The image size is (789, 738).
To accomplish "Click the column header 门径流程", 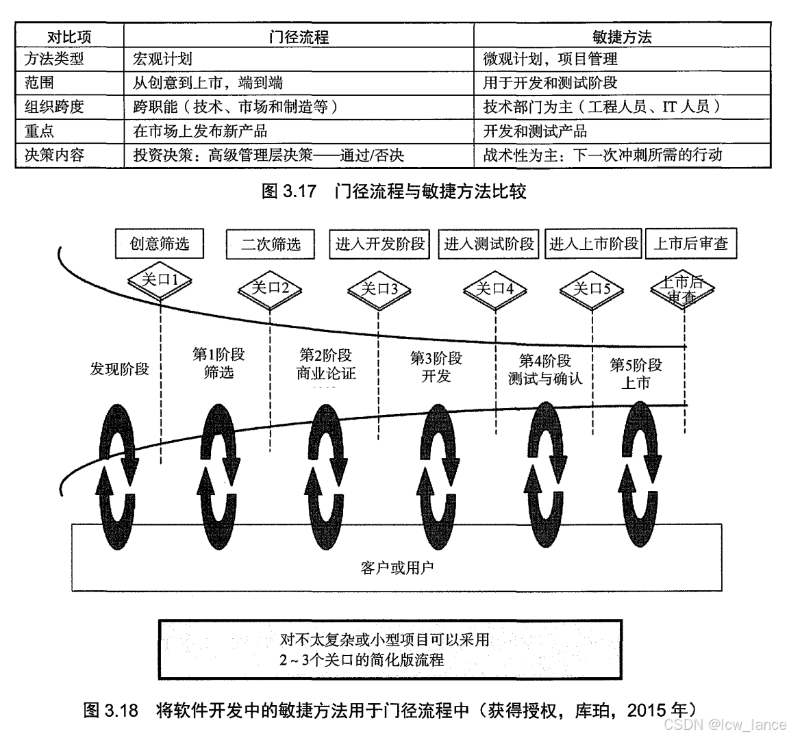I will (299, 36).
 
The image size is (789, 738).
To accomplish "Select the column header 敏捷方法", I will (622, 36).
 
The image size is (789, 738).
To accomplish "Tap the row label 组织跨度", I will (54, 107).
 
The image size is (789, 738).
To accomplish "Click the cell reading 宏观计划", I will (162, 60).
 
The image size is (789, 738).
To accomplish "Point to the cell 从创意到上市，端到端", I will (208, 84).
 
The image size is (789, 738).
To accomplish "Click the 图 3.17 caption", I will (394, 191).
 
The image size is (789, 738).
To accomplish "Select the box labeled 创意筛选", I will (160, 243).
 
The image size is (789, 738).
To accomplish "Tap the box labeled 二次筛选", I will (271, 244).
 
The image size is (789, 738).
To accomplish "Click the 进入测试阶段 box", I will (489, 244).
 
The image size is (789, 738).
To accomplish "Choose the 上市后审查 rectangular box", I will (690, 244).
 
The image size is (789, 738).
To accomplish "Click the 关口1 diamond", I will (160, 281).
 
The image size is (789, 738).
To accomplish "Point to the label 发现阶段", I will (119, 370).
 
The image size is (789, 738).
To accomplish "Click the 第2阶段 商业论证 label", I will (326, 364).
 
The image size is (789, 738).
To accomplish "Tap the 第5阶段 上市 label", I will (636, 373).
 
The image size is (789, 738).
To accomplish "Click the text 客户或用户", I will (397, 567).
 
